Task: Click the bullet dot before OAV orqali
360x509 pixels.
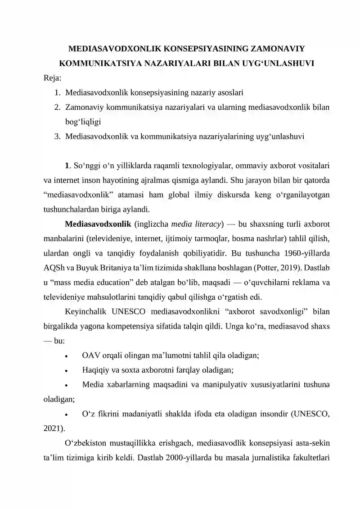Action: point(67,356)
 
